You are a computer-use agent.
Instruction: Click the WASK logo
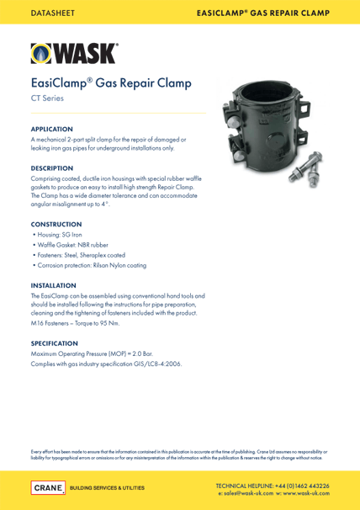click(75, 53)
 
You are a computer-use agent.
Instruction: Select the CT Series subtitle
click(49, 99)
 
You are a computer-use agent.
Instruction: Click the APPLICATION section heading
click(52, 129)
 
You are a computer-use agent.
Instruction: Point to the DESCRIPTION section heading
click(52, 168)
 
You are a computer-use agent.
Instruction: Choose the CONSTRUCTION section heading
click(56, 224)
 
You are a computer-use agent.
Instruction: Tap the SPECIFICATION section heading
click(55, 343)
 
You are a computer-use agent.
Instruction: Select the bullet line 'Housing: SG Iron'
click(58, 235)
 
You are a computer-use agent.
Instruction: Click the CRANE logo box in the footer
click(47, 487)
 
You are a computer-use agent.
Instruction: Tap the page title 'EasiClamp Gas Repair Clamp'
click(111, 83)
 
